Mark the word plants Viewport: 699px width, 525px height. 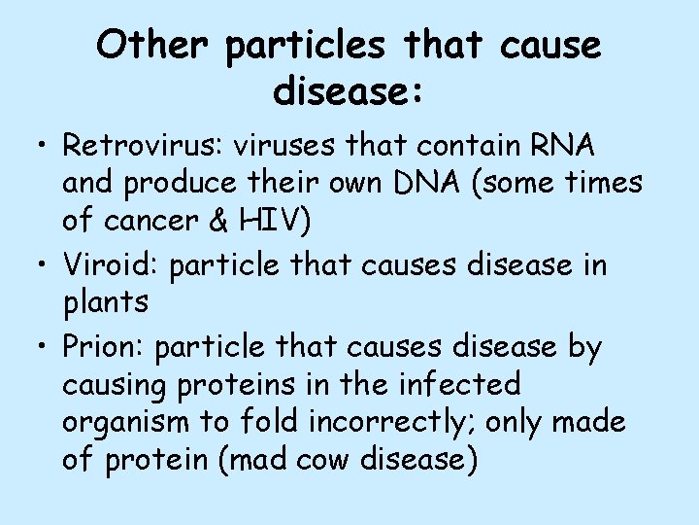click(106, 302)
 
